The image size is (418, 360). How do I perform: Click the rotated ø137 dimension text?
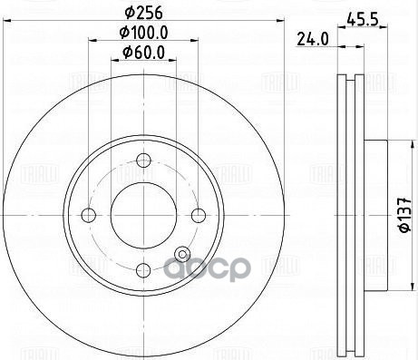401,217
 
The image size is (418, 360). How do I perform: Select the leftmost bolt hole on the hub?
88,215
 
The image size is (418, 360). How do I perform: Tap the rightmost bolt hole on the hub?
197,215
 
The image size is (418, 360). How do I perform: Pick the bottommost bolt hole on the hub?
142,269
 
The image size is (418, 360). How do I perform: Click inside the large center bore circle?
142,215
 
